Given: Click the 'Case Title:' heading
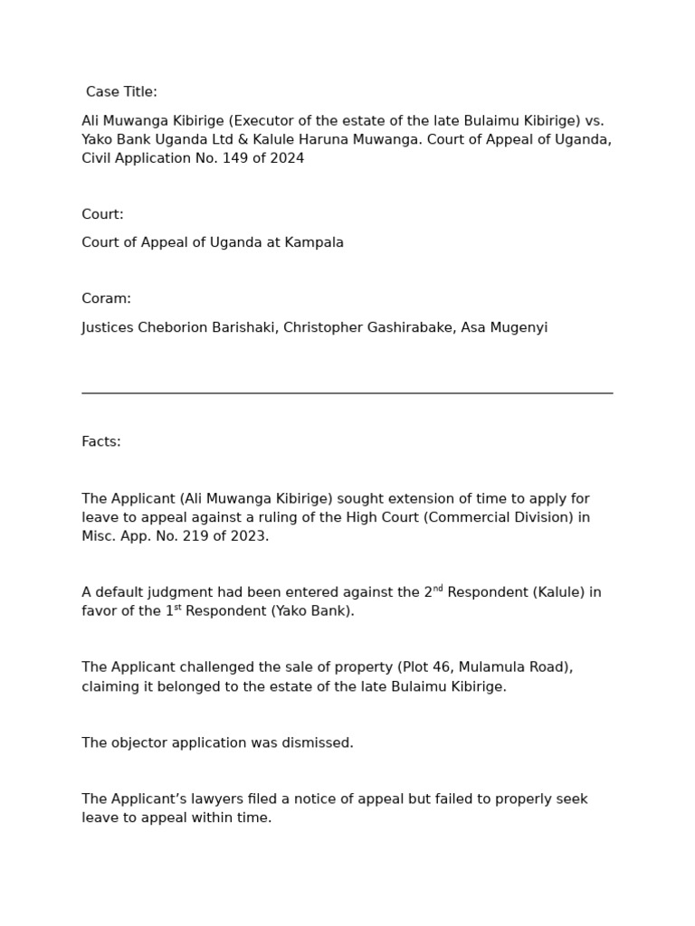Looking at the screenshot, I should (x=121, y=92).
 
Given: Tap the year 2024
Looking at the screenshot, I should (x=287, y=158).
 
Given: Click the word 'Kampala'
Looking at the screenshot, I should (x=314, y=242).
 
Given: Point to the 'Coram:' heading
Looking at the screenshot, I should (x=106, y=298).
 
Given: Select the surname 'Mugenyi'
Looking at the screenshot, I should (x=518, y=327).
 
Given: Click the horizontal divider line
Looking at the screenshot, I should (x=347, y=393).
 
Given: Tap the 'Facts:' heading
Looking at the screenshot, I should (x=101, y=441).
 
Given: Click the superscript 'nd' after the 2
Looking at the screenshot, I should (x=438, y=589).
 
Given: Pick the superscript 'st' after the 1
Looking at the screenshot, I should (x=177, y=608).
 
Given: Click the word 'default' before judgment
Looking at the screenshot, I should (x=119, y=593).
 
